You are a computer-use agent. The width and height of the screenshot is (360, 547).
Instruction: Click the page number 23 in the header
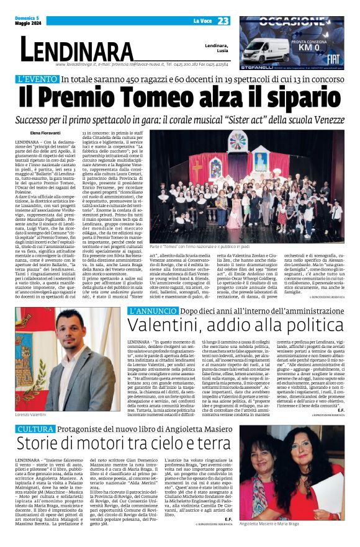pos(223,20)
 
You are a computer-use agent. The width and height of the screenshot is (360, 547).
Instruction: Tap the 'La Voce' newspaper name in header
pos(202,21)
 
